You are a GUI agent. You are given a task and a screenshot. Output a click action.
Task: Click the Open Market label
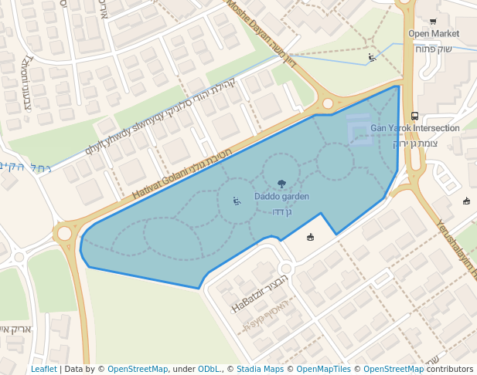pyautogui.click(x=434, y=34)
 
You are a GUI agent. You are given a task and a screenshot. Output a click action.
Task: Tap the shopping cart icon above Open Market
pyautogui.click(x=433, y=22)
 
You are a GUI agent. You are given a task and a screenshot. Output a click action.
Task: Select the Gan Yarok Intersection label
pyautogui.click(x=415, y=128)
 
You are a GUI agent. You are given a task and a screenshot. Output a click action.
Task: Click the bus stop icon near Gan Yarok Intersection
pyautogui.click(x=415, y=116)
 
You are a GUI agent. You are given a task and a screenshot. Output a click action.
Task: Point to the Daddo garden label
pyautogui.click(x=281, y=197)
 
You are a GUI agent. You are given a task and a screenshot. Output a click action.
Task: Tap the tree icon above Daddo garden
pyautogui.click(x=281, y=184)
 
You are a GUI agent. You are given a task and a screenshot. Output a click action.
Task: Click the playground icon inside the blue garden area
pyautogui.click(x=237, y=201)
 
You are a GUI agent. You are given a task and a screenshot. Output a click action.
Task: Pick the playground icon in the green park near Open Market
pyautogui.click(x=372, y=57)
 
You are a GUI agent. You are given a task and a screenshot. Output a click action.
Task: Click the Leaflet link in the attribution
pyautogui.click(x=43, y=369)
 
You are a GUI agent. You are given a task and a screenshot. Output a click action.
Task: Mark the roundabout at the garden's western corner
pyautogui.click(x=63, y=232)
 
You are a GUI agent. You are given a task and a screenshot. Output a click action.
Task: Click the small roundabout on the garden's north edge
pyautogui.click(x=327, y=103)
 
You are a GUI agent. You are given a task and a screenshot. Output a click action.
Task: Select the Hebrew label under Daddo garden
pyautogui.click(x=282, y=211)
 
